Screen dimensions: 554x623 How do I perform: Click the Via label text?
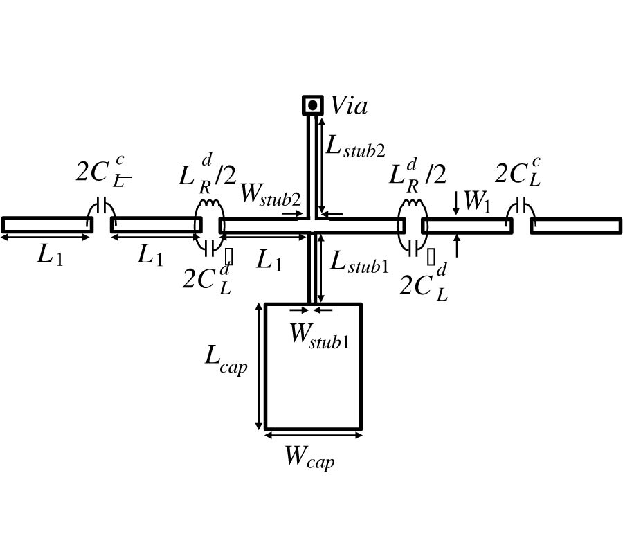pyautogui.click(x=348, y=106)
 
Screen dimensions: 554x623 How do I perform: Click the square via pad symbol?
pyautogui.click(x=313, y=105)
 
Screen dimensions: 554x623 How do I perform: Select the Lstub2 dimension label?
pyautogui.click(x=355, y=146)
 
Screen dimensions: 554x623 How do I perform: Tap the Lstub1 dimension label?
pyautogui.click(x=359, y=262)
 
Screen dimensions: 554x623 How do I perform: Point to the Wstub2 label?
pyautogui.click(x=270, y=195)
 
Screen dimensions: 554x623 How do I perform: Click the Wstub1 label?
pyautogui.click(x=319, y=334)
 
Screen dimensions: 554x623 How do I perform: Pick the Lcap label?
pyautogui.click(x=226, y=358)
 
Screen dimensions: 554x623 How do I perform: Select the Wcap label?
pyautogui.click(x=309, y=458)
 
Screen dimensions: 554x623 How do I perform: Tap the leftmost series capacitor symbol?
pyautogui.click(x=102, y=206)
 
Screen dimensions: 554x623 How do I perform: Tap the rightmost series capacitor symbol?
pyautogui.click(x=521, y=206)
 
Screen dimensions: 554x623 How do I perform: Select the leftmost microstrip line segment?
pyautogui.click(x=47, y=225)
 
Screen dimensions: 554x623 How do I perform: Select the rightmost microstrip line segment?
pyautogui.click(x=576, y=225)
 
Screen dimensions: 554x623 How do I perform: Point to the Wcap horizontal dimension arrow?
pyautogui.click(x=313, y=436)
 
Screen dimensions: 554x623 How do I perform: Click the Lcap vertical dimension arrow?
pyautogui.click(x=259, y=366)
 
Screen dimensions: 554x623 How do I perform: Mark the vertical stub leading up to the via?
pyautogui.click(x=311, y=166)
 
